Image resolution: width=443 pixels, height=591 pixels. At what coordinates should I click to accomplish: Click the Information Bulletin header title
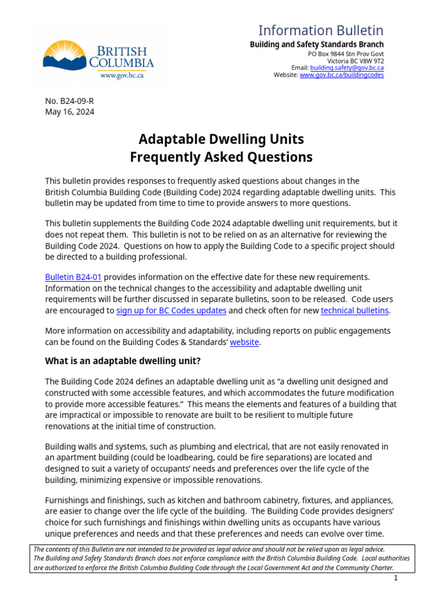[x=320, y=31]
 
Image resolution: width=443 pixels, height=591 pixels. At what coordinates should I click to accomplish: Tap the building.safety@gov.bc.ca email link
[x=347, y=68]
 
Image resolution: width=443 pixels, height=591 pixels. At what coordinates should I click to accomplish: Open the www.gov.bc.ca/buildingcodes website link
[x=341, y=75]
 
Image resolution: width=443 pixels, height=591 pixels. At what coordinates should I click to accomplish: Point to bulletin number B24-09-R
[x=69, y=101]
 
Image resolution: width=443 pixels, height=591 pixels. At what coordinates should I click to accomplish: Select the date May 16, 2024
[x=69, y=112]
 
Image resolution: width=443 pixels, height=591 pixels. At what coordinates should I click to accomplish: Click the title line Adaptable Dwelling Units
[x=221, y=139]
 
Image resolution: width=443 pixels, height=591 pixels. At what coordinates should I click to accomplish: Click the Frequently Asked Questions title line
[x=221, y=157]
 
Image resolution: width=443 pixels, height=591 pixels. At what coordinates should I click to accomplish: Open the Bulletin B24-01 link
[x=73, y=278]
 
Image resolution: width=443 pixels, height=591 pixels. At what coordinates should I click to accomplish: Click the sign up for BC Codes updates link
[x=171, y=311]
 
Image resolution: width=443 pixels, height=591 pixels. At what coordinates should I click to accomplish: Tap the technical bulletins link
[x=355, y=311]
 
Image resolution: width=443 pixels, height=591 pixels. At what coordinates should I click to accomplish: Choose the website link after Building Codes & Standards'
[x=244, y=342]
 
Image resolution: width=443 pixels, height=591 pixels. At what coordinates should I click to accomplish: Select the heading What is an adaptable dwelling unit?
[x=123, y=361]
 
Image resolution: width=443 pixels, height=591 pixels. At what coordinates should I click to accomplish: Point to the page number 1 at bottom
[x=396, y=578]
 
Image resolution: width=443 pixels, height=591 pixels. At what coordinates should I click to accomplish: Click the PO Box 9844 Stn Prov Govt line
[x=346, y=53]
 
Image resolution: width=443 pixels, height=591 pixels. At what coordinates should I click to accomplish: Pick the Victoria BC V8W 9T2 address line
[x=355, y=61]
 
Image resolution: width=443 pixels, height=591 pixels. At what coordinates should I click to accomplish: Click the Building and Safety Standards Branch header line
[x=316, y=44]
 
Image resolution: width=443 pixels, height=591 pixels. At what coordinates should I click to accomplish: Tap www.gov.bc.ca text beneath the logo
[x=122, y=75]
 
